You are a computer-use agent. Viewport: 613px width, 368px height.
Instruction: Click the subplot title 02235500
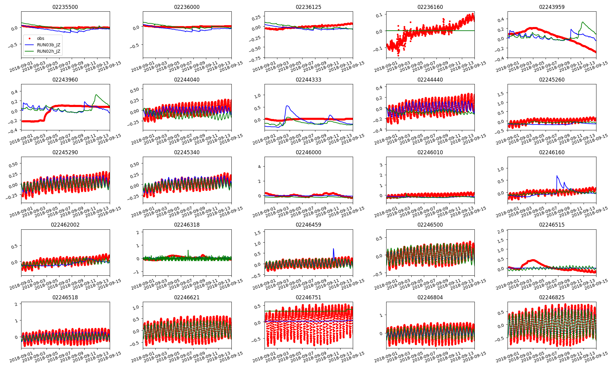click(65, 7)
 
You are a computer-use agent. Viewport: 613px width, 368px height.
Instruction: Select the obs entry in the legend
click(40, 38)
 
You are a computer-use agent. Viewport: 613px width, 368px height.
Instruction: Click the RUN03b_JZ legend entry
click(48, 45)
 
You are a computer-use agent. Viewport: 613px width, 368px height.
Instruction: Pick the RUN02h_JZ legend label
click(48, 51)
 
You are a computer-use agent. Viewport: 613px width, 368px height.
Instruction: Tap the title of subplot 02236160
click(430, 7)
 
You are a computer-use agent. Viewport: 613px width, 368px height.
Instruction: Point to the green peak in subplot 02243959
click(582, 22)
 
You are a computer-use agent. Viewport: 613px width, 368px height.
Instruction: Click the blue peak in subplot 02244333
click(287, 106)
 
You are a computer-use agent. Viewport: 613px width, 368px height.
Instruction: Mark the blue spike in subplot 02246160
click(557, 176)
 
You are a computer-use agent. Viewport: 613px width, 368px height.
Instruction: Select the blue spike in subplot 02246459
click(333, 249)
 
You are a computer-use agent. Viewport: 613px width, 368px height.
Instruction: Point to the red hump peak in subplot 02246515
click(533, 260)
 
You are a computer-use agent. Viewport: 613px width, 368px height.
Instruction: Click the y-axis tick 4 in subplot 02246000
click(259, 167)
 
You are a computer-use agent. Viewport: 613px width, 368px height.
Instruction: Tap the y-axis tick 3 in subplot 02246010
click(381, 165)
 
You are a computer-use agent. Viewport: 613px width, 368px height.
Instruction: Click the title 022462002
click(65, 225)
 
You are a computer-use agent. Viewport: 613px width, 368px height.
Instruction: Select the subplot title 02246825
click(552, 297)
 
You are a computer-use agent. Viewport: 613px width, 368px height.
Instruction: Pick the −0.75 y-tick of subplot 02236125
click(256, 58)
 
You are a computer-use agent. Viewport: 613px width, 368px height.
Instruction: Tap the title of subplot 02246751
click(308, 297)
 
